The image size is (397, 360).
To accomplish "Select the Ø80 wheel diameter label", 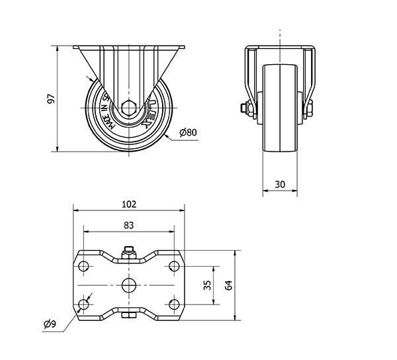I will [188, 133].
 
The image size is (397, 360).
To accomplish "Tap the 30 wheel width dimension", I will [280, 185].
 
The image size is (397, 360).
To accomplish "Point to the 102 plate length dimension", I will [128, 204].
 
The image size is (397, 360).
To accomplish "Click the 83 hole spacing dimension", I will [128, 226].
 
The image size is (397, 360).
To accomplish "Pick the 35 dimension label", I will [206, 285].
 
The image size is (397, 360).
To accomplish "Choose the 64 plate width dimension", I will [228, 285].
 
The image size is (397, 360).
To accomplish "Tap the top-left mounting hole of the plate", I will [83, 266].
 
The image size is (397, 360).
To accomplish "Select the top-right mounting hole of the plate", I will [173, 266].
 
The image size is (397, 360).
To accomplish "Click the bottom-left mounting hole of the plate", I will [83, 304].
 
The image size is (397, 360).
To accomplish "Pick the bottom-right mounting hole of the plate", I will [173, 304].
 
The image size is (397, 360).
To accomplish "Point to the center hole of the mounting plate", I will [128, 285].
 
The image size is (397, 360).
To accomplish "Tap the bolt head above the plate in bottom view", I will [128, 251].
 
